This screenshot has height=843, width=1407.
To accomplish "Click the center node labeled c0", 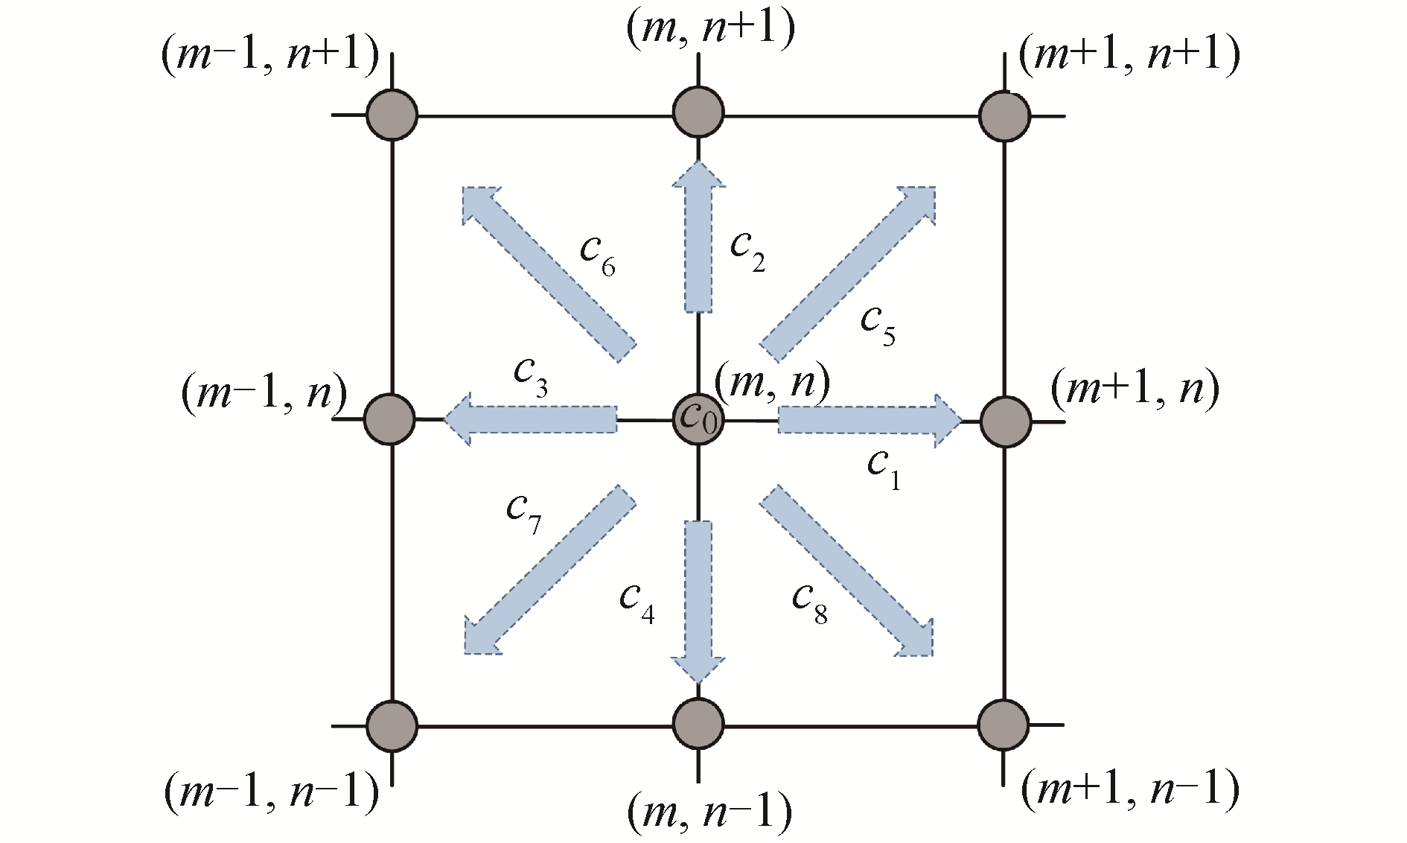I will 698,420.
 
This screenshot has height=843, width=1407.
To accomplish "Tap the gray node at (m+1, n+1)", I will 1004,116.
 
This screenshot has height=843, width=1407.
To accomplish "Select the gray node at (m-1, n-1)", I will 392,725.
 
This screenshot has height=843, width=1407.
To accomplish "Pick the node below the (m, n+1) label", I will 698,112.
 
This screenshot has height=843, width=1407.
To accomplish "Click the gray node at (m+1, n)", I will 1005,421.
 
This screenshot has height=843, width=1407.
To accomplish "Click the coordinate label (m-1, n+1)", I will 270,56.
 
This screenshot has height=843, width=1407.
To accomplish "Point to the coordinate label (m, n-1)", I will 709,812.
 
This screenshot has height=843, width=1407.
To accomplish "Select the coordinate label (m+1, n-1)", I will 1129,789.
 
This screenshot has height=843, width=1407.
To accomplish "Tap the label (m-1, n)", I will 264,392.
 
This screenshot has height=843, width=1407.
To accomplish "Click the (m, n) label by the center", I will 772,383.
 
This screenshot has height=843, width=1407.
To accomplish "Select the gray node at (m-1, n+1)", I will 392,115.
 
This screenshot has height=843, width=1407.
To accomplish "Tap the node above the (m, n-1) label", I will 698,724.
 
